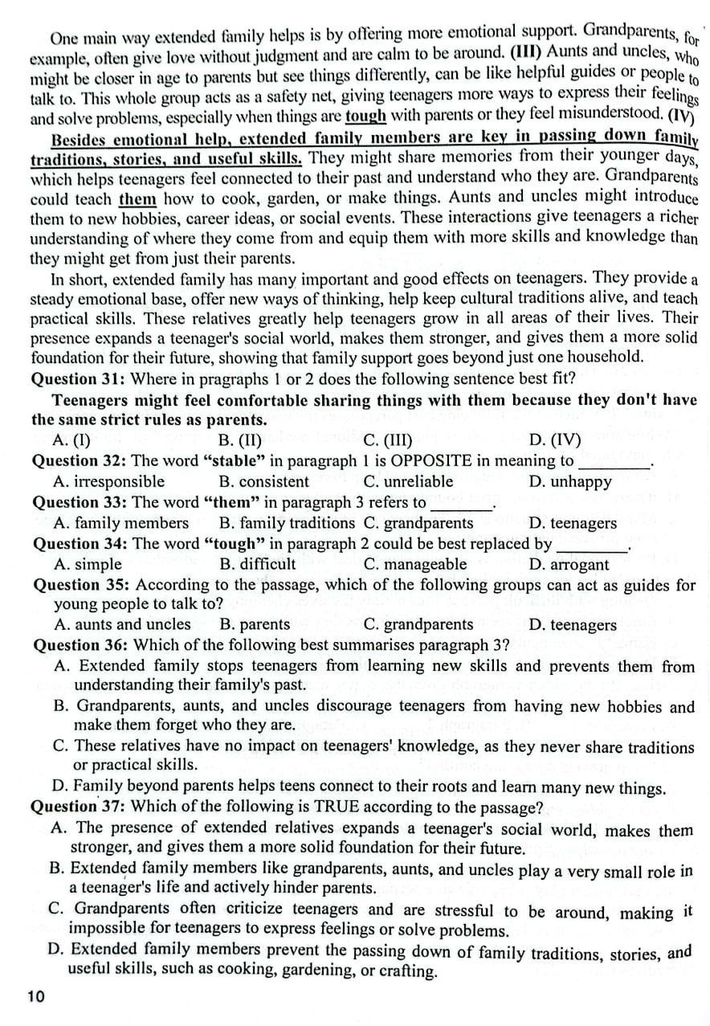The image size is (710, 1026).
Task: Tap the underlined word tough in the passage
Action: pos(366,116)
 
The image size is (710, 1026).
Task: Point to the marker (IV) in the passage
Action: pos(681,115)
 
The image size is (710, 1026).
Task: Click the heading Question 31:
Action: pos(79,378)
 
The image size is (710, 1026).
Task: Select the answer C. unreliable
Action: pos(408,482)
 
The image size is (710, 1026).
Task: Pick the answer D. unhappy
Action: pos(570,483)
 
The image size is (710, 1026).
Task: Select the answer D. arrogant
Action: pos(569,565)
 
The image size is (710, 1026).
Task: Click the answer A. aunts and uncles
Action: pos(122,624)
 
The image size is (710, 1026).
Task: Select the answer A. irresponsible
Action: pos(108,482)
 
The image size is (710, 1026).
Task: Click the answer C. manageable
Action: pos(414,565)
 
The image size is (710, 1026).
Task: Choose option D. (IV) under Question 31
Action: pos(555,440)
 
